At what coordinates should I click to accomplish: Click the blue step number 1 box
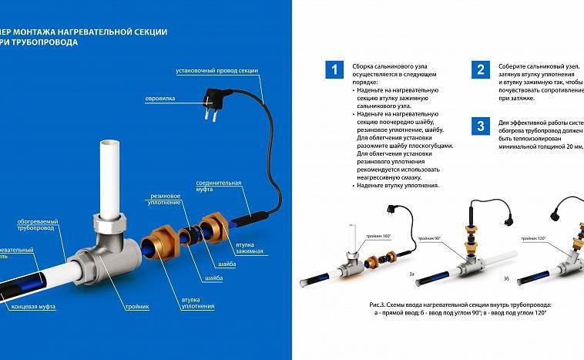coord(333,70)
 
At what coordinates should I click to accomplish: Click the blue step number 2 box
coord(480,70)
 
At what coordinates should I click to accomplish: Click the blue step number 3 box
coord(480,126)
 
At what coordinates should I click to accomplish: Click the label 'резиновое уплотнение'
coord(164,199)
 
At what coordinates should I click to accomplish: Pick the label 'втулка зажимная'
coord(250,248)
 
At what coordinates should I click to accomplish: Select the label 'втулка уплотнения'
coord(200,304)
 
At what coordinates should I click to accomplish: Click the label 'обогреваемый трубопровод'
coord(35,226)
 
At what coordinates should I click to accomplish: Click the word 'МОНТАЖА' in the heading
coord(45,30)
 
